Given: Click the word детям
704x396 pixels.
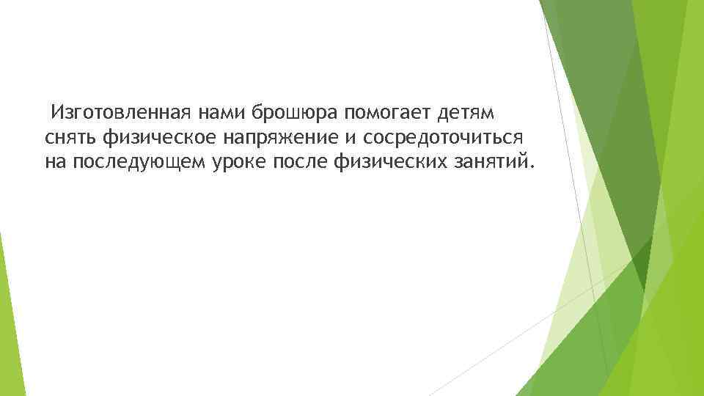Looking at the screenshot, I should pyautogui.click(x=466, y=114).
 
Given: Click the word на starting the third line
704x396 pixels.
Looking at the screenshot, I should pyautogui.click(x=55, y=161).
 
